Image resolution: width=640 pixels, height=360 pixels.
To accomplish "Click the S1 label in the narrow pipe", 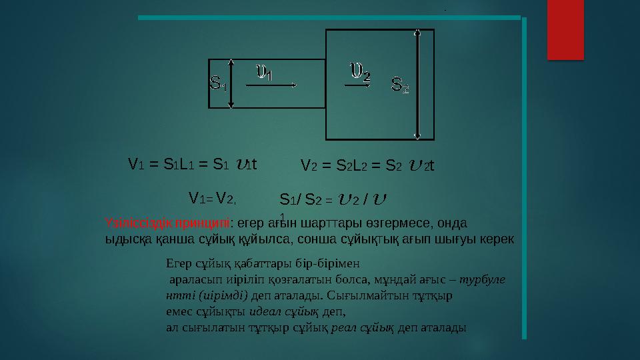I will [x=218, y=85].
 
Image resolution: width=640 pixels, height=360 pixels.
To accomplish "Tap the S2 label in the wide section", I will [x=400, y=85].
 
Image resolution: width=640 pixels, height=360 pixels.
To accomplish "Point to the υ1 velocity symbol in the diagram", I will [x=265, y=71].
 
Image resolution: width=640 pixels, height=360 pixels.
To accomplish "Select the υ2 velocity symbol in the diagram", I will [x=361, y=70].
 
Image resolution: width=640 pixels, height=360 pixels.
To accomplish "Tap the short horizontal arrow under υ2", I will [x=357, y=85].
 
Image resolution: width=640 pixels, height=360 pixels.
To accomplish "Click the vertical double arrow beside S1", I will [x=231, y=83].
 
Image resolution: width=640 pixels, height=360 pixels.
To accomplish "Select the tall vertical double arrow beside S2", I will [x=418, y=84].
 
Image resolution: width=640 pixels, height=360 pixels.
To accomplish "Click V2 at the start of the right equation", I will [x=307, y=165].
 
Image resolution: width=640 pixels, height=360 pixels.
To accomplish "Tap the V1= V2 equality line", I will [x=213, y=198].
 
